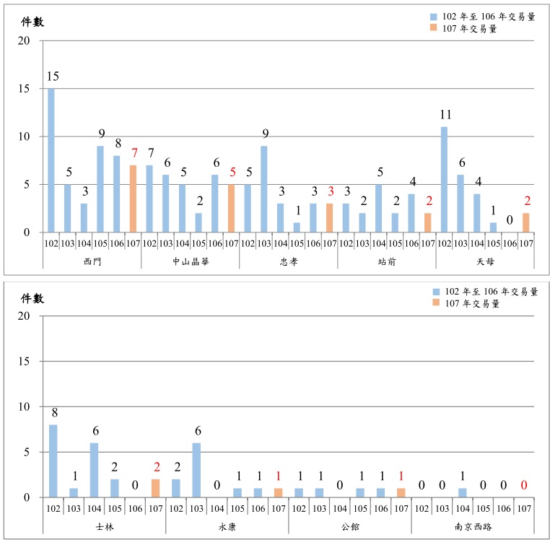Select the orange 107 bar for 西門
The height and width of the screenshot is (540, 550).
(133, 199)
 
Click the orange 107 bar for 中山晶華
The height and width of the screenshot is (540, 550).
(231, 208)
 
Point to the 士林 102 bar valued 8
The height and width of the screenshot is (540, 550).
(53, 461)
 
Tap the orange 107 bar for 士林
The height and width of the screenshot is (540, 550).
(155, 488)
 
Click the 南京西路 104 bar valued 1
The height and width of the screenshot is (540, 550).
(463, 492)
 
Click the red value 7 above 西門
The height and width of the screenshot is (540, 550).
(134, 154)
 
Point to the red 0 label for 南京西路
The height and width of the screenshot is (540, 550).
(523, 486)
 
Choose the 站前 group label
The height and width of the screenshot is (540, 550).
(386, 261)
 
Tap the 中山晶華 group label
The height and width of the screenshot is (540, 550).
(190, 261)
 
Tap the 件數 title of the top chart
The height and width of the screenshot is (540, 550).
(32, 22)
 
